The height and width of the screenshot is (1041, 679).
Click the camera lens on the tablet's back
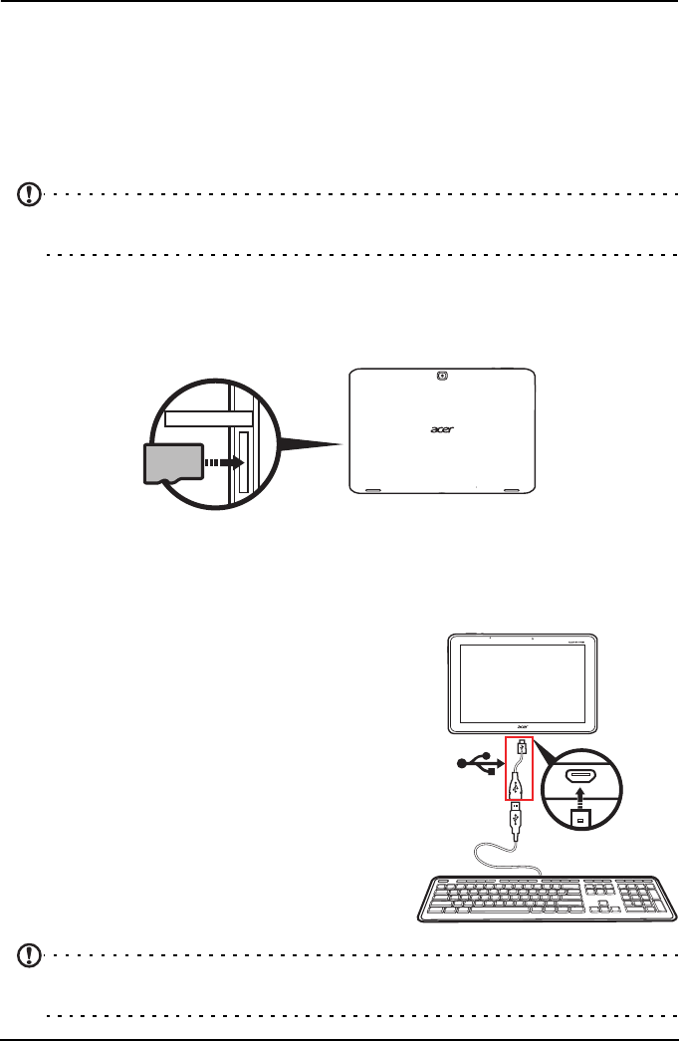pos(442,376)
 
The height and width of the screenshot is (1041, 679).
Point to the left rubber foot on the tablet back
pos(371,490)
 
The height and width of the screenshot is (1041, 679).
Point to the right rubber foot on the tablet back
pos(514,490)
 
